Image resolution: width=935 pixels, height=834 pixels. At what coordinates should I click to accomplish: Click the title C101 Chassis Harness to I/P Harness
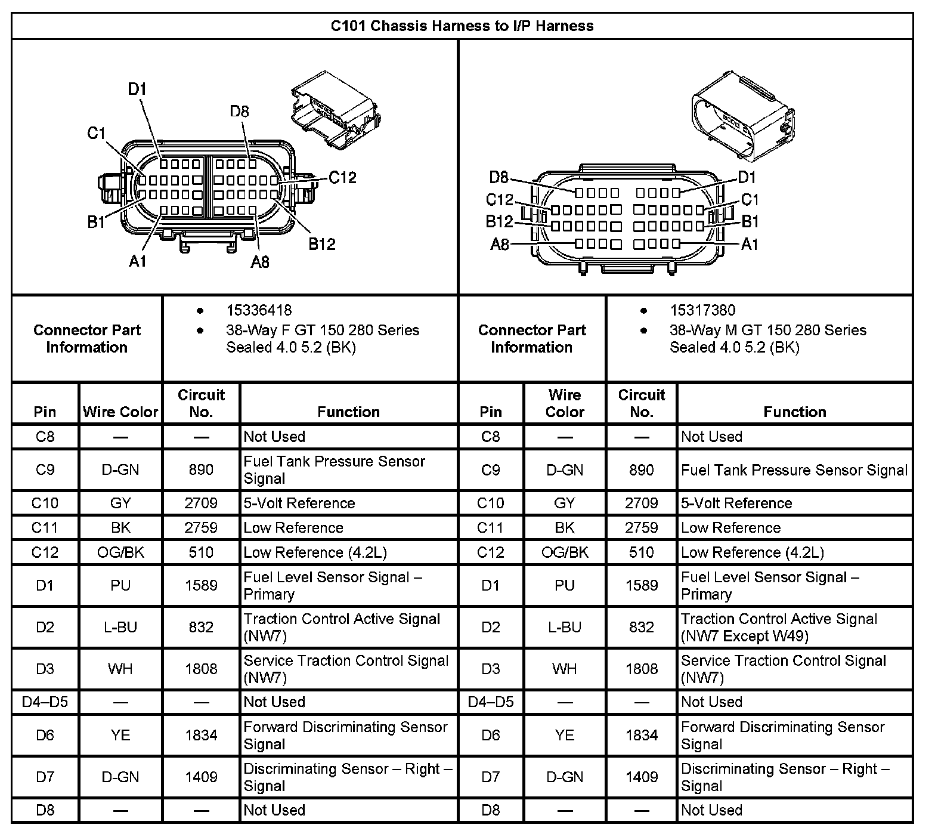pyautogui.click(x=462, y=26)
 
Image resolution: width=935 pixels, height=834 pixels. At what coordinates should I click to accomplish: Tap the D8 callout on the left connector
pyautogui.click(x=239, y=112)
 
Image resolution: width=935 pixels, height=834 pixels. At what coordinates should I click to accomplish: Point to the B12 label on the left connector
pyautogui.click(x=321, y=243)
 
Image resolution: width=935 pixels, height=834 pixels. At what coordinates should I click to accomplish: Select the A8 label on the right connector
pyautogui.click(x=500, y=244)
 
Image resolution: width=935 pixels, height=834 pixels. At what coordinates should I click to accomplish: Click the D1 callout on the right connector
pyautogui.click(x=747, y=177)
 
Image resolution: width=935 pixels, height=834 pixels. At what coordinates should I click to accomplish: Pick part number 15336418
pyautogui.click(x=259, y=310)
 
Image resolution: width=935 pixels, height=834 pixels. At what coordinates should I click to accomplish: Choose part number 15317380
pyautogui.click(x=702, y=310)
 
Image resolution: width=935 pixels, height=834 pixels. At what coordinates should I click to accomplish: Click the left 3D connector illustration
pyautogui.click(x=335, y=107)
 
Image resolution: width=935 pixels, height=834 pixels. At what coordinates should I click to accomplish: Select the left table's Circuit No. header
pyautogui.click(x=201, y=403)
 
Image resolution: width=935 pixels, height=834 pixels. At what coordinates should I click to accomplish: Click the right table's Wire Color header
pyautogui.click(x=564, y=403)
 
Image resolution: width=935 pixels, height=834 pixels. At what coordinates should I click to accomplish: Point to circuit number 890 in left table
pyautogui.click(x=201, y=470)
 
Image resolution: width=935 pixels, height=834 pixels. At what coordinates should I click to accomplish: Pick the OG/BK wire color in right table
pyautogui.click(x=564, y=552)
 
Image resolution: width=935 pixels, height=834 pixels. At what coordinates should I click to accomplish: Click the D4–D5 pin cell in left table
pyautogui.click(x=45, y=702)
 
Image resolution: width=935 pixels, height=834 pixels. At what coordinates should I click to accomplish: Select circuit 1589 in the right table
pyautogui.click(x=641, y=586)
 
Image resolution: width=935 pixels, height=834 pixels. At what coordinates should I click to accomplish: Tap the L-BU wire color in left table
pyautogui.click(x=120, y=628)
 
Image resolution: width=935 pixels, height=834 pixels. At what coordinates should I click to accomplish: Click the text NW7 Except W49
pyautogui.click(x=745, y=637)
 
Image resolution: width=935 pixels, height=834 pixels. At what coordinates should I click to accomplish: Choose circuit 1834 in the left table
pyautogui.click(x=201, y=736)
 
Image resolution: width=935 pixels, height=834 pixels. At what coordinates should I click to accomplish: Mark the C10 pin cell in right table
pyautogui.click(x=490, y=504)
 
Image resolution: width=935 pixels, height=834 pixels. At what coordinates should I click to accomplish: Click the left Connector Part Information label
pyautogui.click(x=87, y=339)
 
